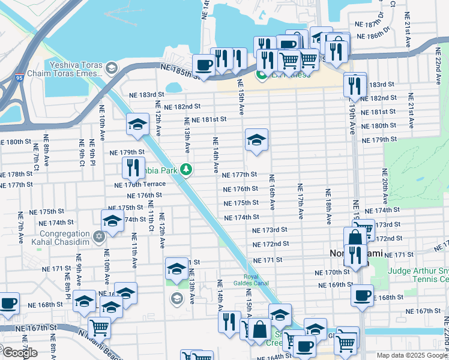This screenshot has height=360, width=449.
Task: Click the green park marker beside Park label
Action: point(187,170)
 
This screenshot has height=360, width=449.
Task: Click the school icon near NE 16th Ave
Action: point(257,140)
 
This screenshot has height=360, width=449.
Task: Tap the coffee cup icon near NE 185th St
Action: point(203,64)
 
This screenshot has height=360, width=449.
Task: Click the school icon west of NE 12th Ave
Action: point(137,125)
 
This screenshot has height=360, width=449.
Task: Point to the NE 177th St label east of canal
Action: point(240,175)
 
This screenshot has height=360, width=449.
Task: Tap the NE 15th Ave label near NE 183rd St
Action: point(241,97)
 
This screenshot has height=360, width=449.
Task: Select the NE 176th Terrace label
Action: point(137,184)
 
